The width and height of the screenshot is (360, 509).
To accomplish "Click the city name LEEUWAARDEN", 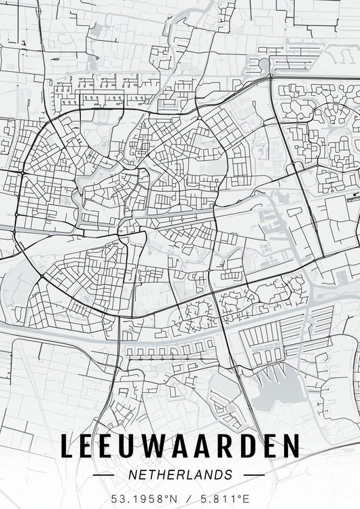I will [180, 446].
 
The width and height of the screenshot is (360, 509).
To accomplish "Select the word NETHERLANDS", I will [180, 475].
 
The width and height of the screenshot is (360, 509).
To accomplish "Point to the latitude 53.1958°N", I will [144, 499].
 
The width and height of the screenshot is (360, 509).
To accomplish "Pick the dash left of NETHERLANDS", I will [103, 475].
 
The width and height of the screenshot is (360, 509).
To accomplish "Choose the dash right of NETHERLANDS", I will [253, 475].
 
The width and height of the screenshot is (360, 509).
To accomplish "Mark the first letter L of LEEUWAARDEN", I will [67, 446].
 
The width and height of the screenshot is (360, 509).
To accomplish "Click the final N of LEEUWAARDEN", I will [291, 446].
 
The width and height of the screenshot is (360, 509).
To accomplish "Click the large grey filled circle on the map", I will [264, 64].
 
